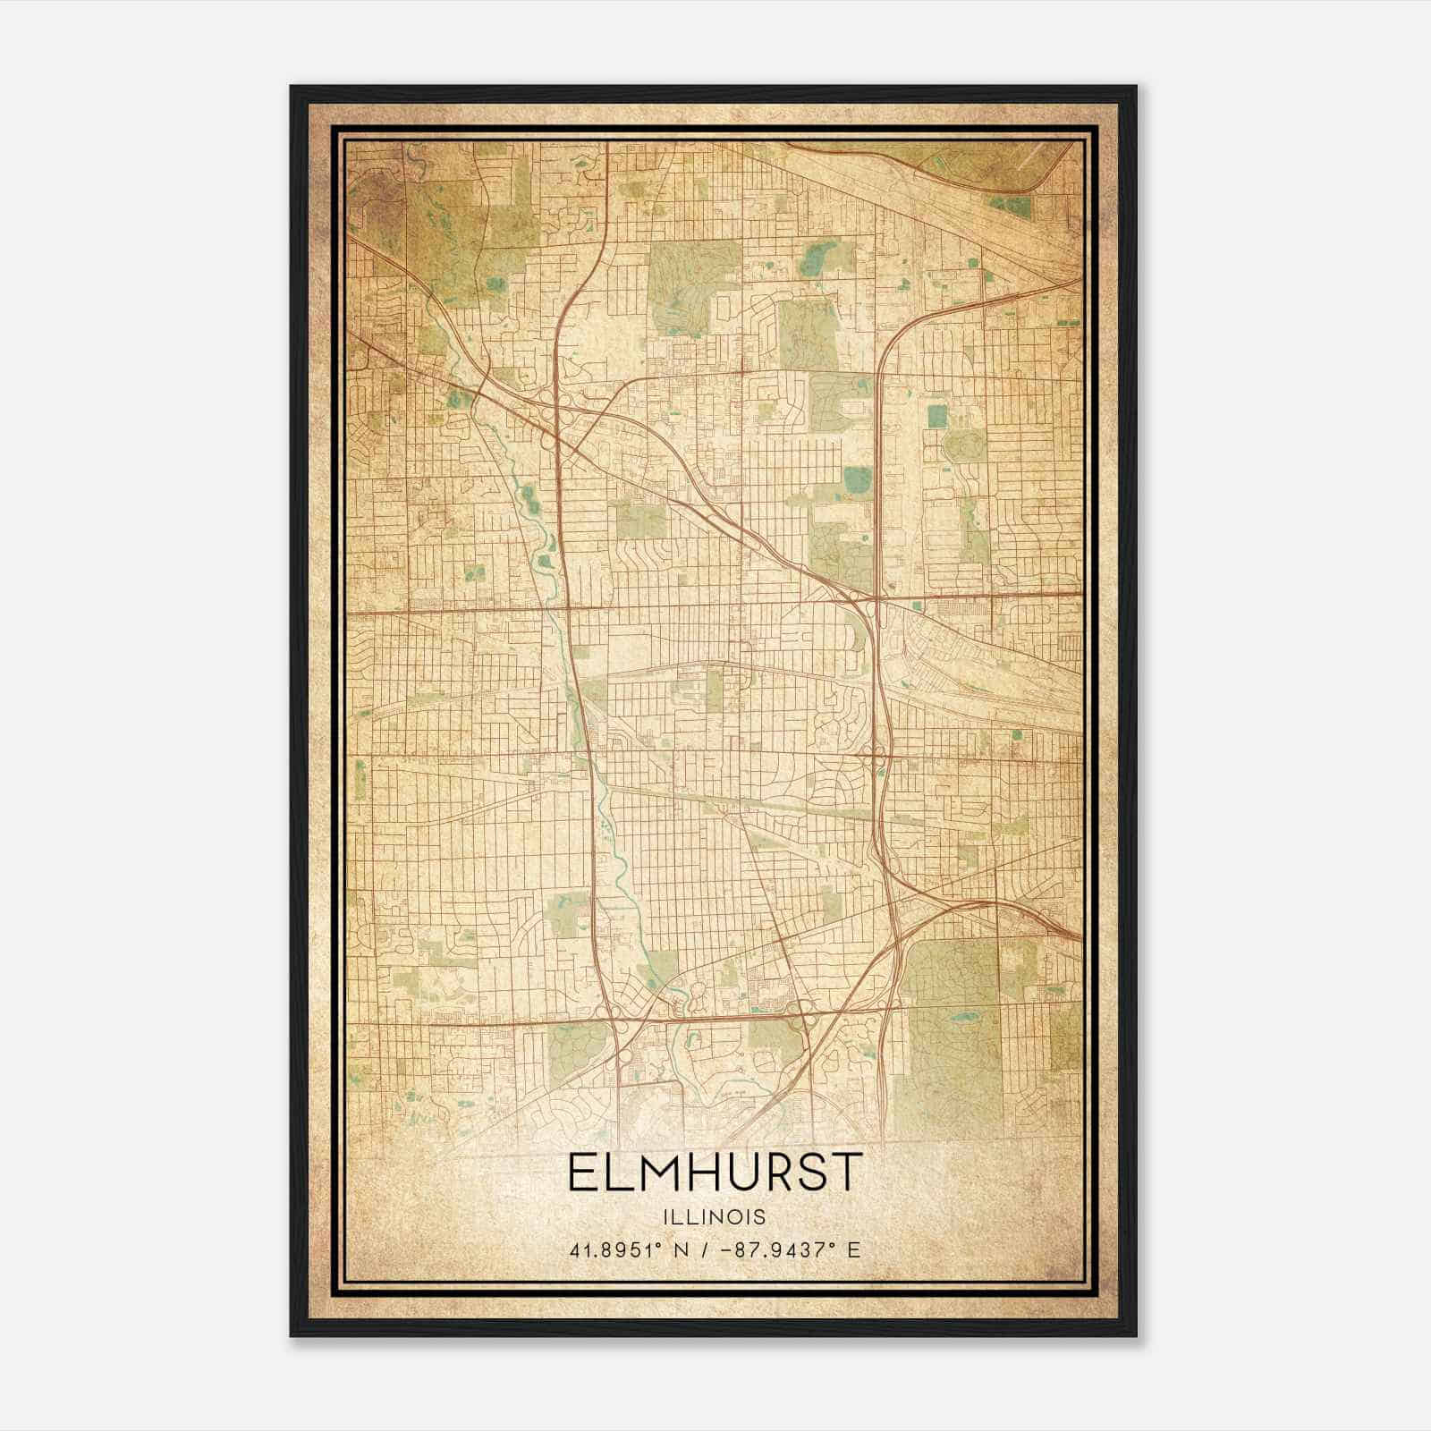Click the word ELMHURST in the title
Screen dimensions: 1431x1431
(x=715, y=1173)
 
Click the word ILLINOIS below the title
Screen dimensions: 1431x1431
(x=715, y=1217)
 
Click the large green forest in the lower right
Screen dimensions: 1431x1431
(x=948, y=1029)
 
